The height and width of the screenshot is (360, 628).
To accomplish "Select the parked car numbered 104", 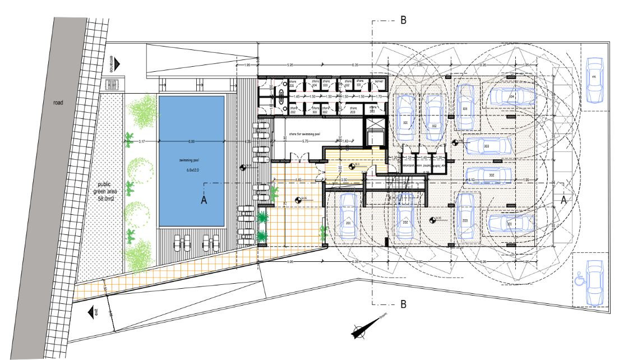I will pos(511,96).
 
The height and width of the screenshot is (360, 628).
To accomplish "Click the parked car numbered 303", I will pos(486,146).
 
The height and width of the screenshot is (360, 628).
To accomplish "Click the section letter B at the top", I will pos(403,20).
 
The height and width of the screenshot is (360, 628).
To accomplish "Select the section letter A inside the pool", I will pos(205,201).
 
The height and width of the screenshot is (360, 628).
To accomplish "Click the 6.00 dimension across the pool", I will pos(191,141).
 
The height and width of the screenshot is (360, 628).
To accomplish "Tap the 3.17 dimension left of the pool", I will pos(142,141).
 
